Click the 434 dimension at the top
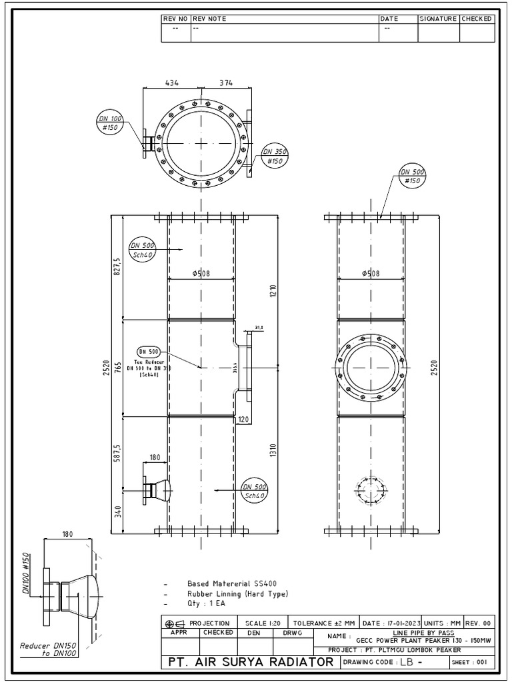click(x=171, y=83)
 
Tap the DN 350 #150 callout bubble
click(x=273, y=156)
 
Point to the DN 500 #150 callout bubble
click(x=413, y=176)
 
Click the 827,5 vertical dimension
click(x=117, y=267)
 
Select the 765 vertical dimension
click(x=117, y=368)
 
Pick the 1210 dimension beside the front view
click(x=273, y=291)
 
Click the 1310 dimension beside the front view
click(x=273, y=450)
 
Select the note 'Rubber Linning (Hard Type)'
click(x=238, y=593)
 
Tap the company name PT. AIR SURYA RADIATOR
click(x=251, y=662)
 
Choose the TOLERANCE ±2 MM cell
click(x=324, y=623)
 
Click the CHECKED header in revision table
click(x=477, y=19)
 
